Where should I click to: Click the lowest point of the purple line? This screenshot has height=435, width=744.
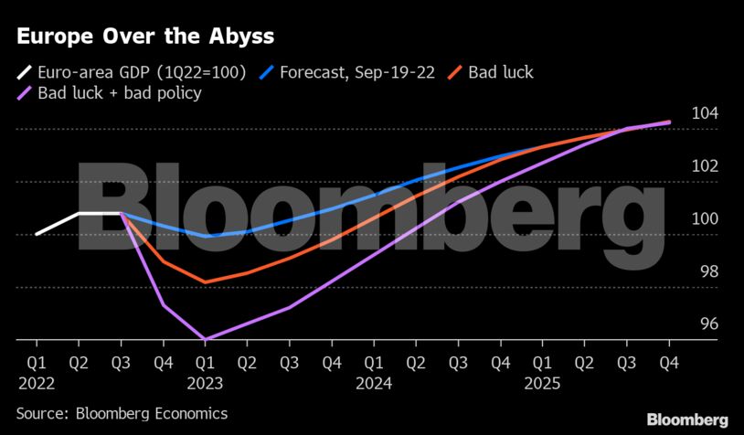coord(206,340)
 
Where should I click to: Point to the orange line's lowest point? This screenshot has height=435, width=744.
coord(206,282)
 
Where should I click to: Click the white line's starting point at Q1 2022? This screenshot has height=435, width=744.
coord(37,234)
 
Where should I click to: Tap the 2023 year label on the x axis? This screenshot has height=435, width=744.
coord(206,384)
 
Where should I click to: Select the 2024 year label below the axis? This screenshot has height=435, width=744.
coord(374,384)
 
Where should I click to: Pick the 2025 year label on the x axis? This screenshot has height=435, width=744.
coord(542,384)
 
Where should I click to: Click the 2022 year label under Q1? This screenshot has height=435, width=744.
coord(37,384)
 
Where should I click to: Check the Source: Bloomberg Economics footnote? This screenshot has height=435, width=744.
coord(122,413)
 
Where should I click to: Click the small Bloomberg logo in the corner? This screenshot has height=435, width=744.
coord(687,419)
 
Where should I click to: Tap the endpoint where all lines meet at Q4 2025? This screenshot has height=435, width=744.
coord(668,122)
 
